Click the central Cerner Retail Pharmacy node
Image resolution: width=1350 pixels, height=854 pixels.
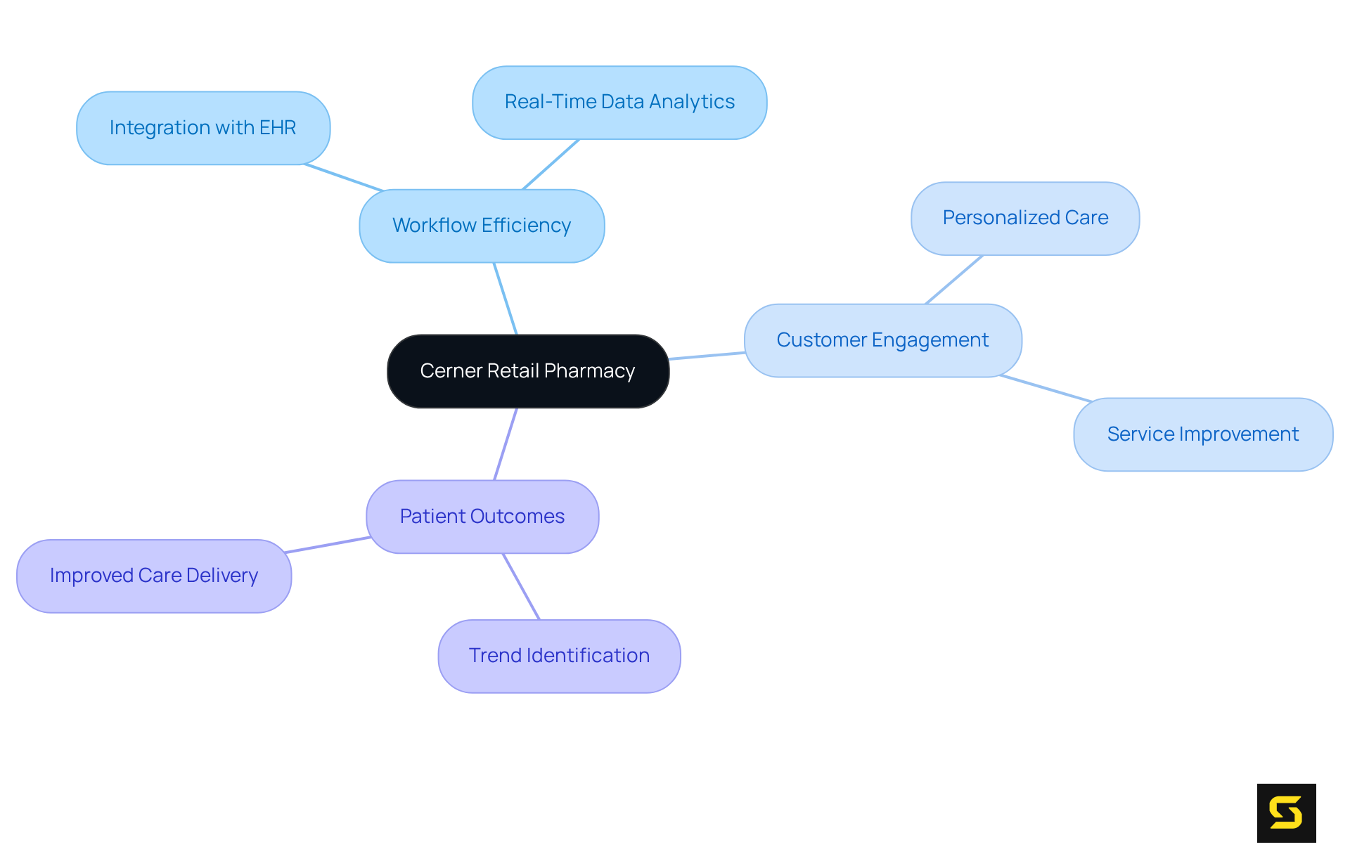(527, 371)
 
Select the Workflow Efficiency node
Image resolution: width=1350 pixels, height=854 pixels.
(482, 226)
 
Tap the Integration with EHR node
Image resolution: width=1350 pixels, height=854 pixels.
(202, 128)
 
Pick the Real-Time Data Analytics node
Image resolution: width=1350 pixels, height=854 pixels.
(619, 103)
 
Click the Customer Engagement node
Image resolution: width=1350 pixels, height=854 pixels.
(882, 340)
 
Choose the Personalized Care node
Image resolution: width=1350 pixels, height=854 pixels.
(1024, 219)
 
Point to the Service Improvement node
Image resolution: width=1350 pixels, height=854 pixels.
(1202, 434)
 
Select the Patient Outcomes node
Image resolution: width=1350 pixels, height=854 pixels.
(482, 517)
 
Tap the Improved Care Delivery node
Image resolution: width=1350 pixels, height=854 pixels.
(153, 576)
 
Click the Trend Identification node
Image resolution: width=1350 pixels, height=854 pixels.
(559, 656)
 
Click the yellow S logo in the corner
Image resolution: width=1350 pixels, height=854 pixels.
(1286, 813)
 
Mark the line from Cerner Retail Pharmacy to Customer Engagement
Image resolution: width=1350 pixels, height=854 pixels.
(707, 356)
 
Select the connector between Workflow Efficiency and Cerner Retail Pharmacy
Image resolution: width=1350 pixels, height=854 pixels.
(506, 299)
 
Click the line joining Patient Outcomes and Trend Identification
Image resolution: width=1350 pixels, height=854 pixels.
(521, 586)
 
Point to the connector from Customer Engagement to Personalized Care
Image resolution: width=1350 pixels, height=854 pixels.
(954, 279)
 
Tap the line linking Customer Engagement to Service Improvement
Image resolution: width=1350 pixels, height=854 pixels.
(1046, 389)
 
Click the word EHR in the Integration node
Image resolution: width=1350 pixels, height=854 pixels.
(278, 128)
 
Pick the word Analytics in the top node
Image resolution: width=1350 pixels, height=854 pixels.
(692, 103)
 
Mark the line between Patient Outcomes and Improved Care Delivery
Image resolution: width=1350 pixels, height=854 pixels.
(328, 545)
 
